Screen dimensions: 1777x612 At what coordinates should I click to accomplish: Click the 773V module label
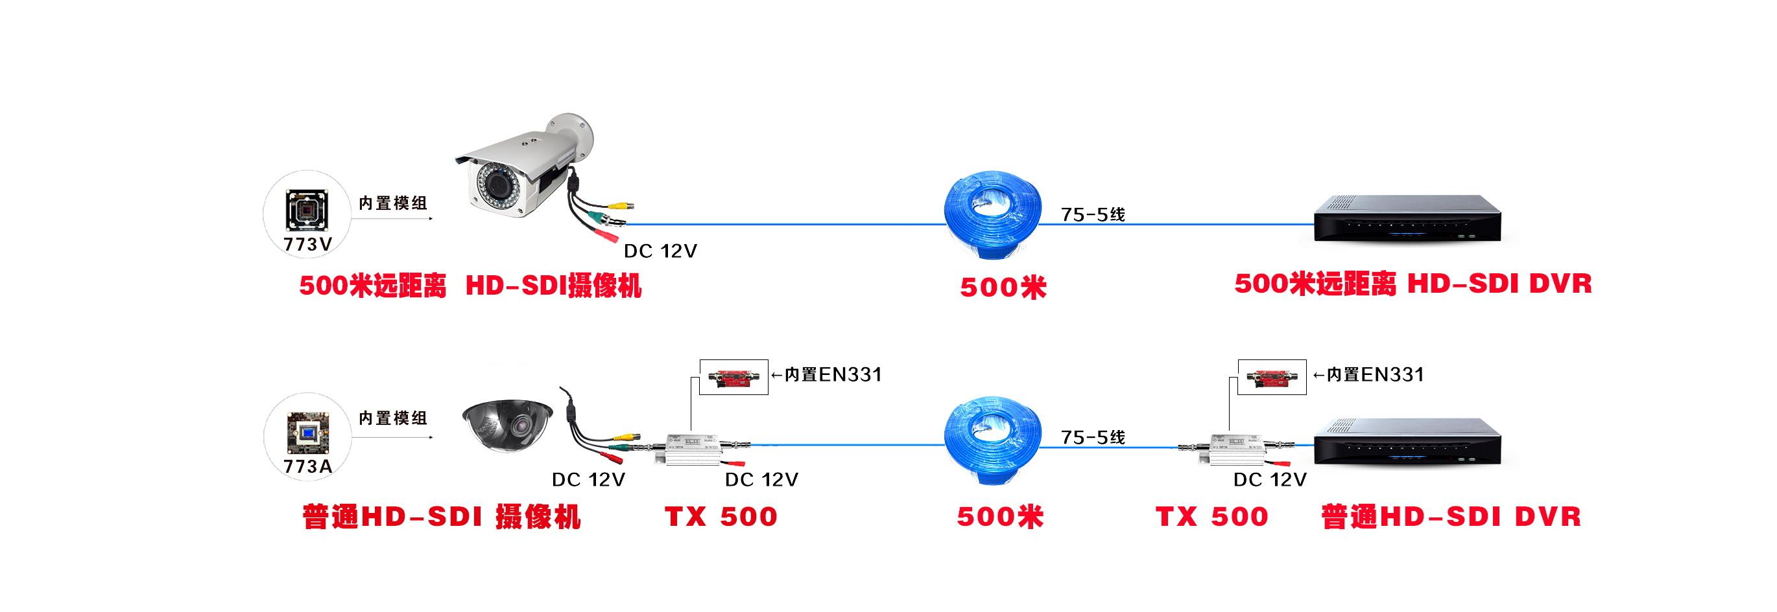[307, 244]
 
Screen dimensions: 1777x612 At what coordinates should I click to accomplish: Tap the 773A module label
[307, 466]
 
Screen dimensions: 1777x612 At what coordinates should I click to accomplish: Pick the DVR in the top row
[1408, 219]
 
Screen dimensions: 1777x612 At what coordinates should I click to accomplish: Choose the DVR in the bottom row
[1408, 442]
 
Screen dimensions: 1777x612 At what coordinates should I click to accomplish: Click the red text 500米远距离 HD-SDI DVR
[1413, 284]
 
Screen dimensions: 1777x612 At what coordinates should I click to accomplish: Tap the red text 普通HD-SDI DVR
[1451, 517]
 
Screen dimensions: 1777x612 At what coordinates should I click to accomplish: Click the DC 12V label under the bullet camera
[660, 251]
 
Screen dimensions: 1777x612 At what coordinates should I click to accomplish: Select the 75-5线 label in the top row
[1093, 215]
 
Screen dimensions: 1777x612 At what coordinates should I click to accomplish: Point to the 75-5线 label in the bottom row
[1093, 438]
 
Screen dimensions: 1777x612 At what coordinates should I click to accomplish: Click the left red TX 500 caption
[721, 517]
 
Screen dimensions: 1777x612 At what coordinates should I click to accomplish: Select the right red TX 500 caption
[1212, 517]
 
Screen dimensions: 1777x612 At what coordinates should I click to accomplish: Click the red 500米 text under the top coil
[1003, 288]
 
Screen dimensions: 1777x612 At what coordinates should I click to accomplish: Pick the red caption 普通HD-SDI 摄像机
[442, 517]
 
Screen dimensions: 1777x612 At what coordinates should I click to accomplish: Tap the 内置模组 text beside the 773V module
[393, 203]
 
